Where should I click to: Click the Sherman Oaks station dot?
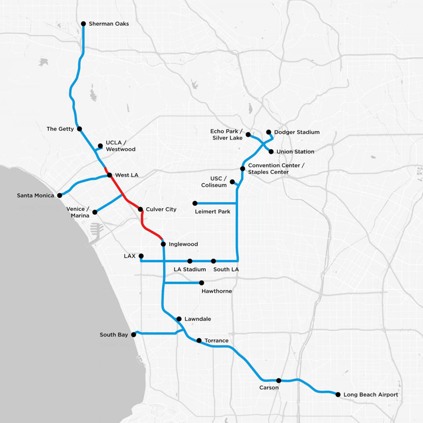[x=83, y=24]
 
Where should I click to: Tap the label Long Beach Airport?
[x=371, y=395]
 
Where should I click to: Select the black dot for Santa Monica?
[x=60, y=195]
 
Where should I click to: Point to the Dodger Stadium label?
[x=297, y=132]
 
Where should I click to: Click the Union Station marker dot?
[x=271, y=152]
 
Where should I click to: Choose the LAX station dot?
[x=141, y=255]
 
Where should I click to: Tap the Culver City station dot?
[x=140, y=209]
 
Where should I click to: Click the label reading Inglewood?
[x=183, y=244]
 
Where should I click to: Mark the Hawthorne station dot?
[x=202, y=283]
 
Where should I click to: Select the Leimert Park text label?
[x=213, y=212]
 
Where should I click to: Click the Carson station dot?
[x=279, y=380]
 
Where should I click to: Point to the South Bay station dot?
[x=133, y=335]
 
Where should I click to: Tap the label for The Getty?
[x=60, y=129]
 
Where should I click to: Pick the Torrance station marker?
[x=199, y=340]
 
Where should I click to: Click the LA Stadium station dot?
[x=190, y=261]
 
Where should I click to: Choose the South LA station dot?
[x=213, y=261]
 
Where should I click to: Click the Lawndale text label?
[x=198, y=319]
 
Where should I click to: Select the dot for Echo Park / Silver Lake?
[x=248, y=134]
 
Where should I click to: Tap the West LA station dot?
[x=110, y=175]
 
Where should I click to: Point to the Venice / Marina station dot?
[x=95, y=212]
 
